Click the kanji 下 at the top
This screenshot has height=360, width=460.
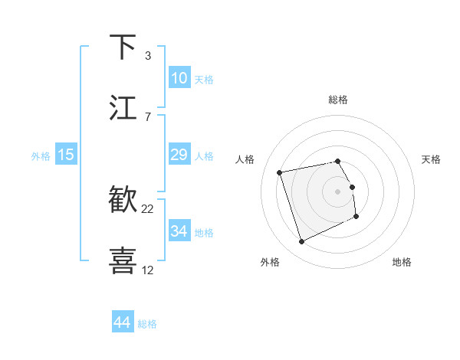[123, 47]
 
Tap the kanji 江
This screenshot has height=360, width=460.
[123, 107]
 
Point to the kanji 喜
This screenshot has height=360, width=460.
[123, 260]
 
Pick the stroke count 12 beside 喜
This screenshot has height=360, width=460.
[148, 270]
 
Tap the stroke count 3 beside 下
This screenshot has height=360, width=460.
[148, 56]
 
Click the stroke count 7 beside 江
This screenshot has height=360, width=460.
[148, 116]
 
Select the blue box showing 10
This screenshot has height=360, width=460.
[179, 78]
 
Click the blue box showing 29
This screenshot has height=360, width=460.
[179, 155]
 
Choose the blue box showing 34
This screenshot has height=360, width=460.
[179, 231]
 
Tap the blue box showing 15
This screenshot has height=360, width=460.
[66, 155]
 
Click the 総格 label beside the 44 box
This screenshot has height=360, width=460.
[147, 324]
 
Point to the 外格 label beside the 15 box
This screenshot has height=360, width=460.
[41, 156]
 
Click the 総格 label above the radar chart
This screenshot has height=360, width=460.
[338, 100]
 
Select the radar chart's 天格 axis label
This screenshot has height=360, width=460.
[432, 159]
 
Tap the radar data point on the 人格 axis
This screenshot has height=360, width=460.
[280, 172]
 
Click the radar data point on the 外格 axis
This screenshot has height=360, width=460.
[301, 242]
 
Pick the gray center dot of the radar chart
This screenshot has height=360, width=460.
[338, 191]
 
